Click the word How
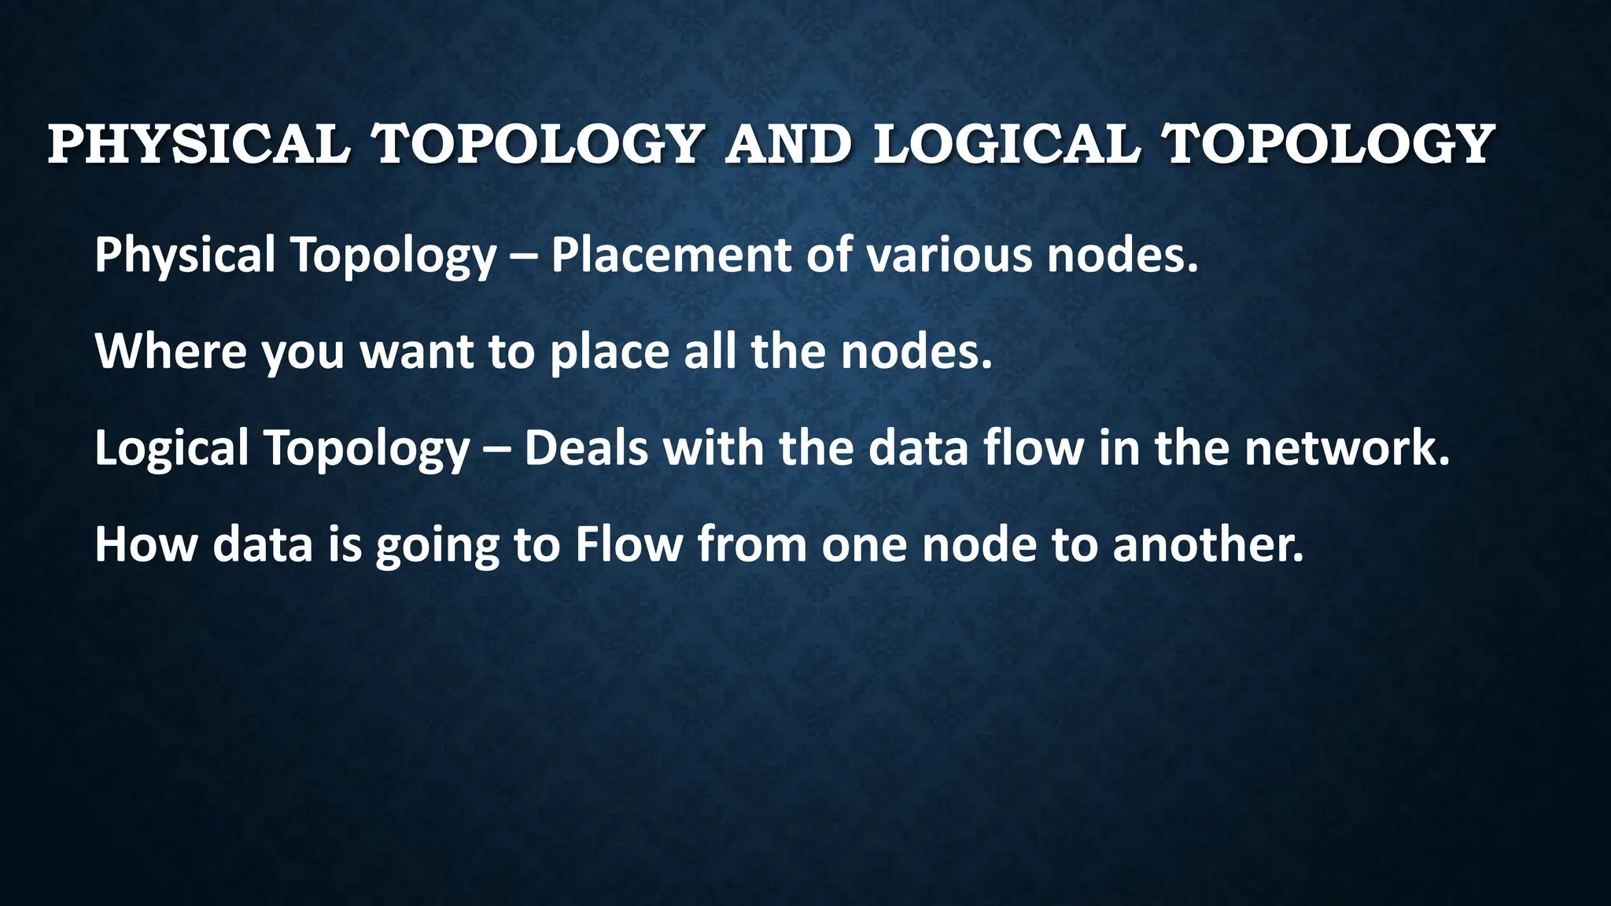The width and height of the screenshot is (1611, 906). (146, 544)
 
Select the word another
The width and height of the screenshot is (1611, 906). (1208, 544)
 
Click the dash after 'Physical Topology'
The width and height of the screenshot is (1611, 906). (524, 256)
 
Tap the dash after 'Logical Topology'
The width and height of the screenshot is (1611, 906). (498, 449)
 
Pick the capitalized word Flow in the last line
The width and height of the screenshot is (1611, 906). (629, 544)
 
